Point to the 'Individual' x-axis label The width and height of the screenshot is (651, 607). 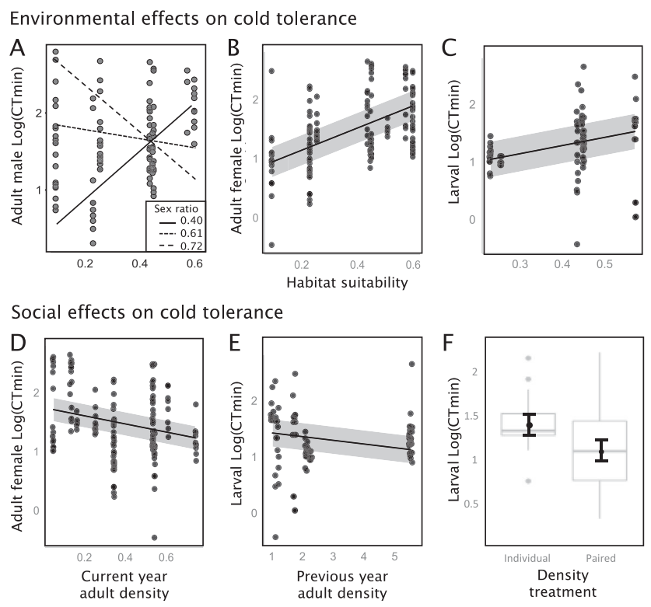pyautogui.click(x=528, y=558)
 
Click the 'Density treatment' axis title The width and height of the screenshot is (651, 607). pyautogui.click(x=566, y=584)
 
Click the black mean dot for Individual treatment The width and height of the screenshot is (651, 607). pyautogui.click(x=530, y=424)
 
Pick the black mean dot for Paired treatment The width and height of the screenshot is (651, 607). pyautogui.click(x=602, y=451)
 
